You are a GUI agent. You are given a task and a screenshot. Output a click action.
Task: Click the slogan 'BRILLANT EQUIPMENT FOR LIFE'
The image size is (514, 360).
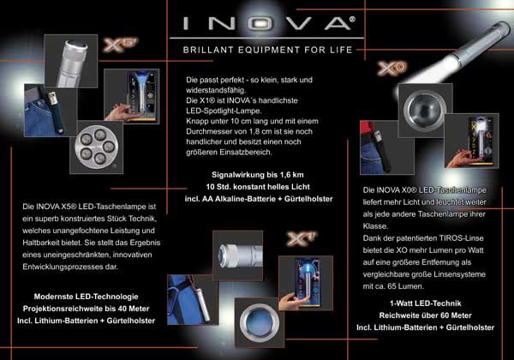(268, 50)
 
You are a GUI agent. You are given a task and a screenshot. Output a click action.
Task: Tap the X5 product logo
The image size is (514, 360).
(120, 45)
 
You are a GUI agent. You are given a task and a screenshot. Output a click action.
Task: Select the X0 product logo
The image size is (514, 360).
(391, 69)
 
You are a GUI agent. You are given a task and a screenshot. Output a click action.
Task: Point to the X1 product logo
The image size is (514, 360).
(302, 238)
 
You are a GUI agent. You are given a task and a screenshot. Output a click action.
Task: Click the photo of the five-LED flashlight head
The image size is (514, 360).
(96, 147)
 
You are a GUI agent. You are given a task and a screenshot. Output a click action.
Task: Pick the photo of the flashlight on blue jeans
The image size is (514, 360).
(51, 111)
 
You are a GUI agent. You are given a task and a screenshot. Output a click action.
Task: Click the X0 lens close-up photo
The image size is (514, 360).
(425, 111)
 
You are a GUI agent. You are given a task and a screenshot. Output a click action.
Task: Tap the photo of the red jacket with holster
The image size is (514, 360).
(386, 147)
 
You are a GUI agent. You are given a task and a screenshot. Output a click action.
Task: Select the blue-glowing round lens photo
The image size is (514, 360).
(260, 322)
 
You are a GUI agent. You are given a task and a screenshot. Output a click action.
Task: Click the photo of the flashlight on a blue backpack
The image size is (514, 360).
(193, 300)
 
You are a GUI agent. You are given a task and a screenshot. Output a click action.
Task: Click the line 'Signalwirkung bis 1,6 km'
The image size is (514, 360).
(258, 175)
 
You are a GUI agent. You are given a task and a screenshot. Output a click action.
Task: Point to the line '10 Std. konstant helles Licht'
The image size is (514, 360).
(258, 187)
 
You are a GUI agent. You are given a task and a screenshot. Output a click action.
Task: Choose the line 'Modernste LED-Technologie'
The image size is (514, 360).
(87, 297)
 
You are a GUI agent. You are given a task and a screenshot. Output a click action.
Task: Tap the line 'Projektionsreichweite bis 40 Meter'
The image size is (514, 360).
(87, 309)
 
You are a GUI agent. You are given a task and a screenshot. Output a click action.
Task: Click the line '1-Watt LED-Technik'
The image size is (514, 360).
(426, 303)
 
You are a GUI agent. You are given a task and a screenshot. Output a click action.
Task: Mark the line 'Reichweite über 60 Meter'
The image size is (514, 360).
(426, 315)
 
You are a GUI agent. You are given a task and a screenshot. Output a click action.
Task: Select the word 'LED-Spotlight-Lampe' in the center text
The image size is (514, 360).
(224, 111)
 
